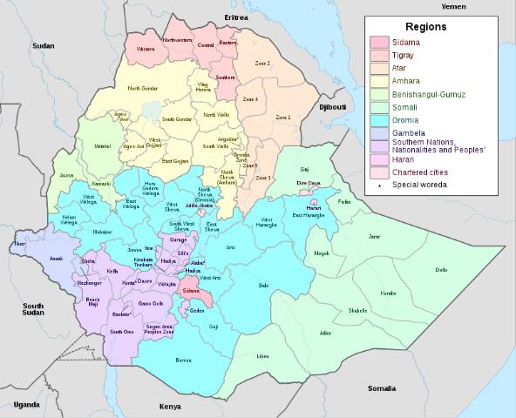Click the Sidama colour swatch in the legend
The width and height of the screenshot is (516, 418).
point(379,42)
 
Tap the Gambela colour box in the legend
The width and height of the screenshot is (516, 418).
point(379,133)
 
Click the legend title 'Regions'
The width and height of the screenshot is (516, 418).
point(426,27)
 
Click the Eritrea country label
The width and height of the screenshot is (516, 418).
point(236,17)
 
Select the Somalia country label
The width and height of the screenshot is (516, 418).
point(381,388)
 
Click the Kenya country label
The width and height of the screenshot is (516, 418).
point(170,407)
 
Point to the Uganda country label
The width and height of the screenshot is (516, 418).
point(26,405)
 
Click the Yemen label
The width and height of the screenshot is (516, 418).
point(453,7)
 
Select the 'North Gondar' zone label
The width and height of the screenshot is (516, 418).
point(144,89)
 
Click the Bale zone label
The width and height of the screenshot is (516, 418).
point(264,285)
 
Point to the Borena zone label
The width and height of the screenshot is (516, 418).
point(183,360)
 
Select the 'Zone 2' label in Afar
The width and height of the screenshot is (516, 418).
point(262,64)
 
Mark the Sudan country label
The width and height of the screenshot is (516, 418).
point(43,45)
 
